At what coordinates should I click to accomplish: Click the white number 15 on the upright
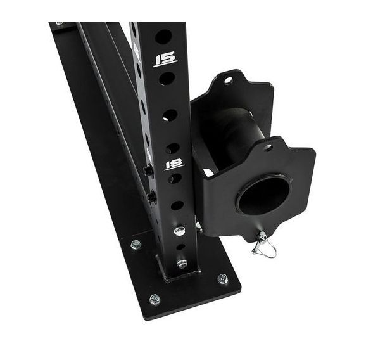pos(166,59)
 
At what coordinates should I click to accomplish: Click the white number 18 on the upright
pos(174,164)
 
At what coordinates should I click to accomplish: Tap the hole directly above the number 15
pos(163,37)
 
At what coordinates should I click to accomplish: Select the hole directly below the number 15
pos(167,79)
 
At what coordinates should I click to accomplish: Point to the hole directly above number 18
pos(173,148)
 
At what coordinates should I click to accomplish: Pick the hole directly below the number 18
pos(175,178)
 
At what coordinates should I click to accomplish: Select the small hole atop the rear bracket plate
pos(228,80)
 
